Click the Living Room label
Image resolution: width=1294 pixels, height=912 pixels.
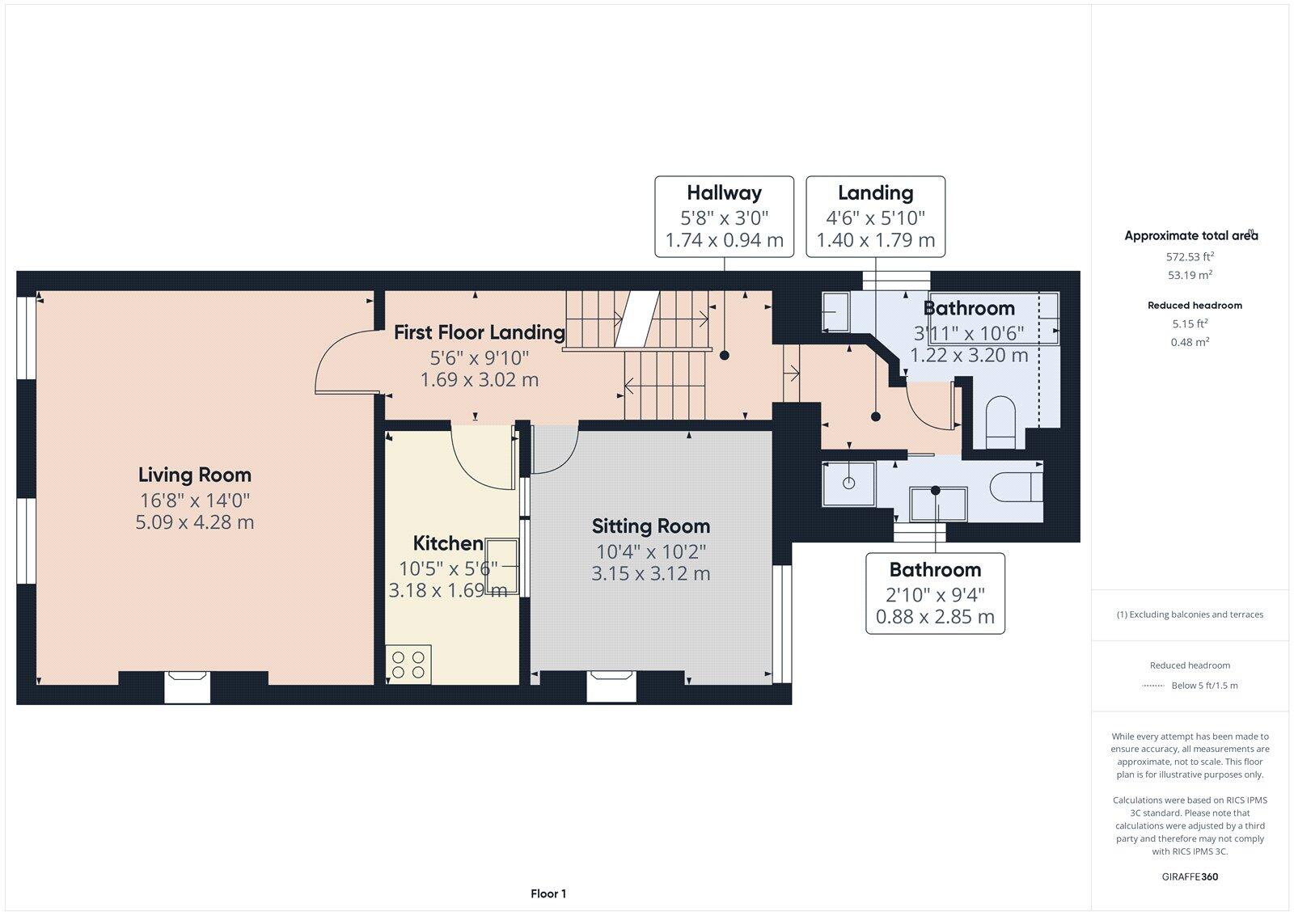pos(194,475)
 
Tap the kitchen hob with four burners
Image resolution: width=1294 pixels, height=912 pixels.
pos(408,664)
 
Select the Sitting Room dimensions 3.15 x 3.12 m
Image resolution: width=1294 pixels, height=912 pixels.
pos(650,574)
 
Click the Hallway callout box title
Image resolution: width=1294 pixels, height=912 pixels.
pos(724,192)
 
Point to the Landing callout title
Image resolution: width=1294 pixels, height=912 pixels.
pos(875,192)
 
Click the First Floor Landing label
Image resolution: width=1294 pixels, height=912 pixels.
pos(479,332)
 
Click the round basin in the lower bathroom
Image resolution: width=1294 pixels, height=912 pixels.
pos(848,483)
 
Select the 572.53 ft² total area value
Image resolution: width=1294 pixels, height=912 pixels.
pos(1190,256)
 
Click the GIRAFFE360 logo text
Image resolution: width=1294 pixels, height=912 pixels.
pos(1190,876)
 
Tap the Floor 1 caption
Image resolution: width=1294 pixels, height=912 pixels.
pos(548,893)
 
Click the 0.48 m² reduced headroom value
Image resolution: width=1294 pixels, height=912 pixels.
pos(1190,342)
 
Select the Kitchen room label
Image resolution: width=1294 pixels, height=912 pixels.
pos(448,543)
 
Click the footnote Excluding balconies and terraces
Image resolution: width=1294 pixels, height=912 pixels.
pos(1190,614)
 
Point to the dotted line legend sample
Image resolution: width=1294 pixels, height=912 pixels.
pos(1152,686)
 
